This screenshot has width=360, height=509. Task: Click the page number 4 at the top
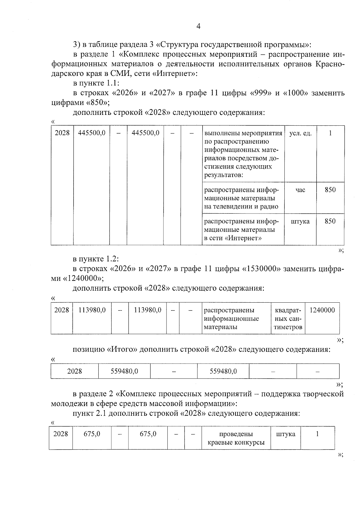point(198,26)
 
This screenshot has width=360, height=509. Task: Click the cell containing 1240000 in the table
point(322,310)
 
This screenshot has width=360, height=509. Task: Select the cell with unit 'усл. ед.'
point(300,133)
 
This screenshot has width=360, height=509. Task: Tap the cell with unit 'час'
point(300,190)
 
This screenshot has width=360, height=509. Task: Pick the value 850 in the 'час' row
point(330,190)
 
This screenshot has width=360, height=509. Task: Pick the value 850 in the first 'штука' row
point(330,221)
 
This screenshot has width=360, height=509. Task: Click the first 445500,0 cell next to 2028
point(91,133)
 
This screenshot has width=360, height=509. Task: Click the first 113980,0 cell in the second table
point(92,310)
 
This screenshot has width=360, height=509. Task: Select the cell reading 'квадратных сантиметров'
point(288,319)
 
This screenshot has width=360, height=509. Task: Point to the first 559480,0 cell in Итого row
point(124,371)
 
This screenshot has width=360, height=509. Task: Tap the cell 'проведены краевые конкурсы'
point(236,438)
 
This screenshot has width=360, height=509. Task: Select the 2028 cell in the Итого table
point(74,371)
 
